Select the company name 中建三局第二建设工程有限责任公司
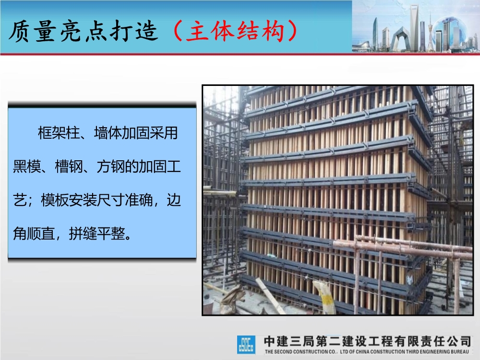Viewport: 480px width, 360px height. [x=368, y=341]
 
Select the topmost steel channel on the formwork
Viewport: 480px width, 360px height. [x=331, y=94]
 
